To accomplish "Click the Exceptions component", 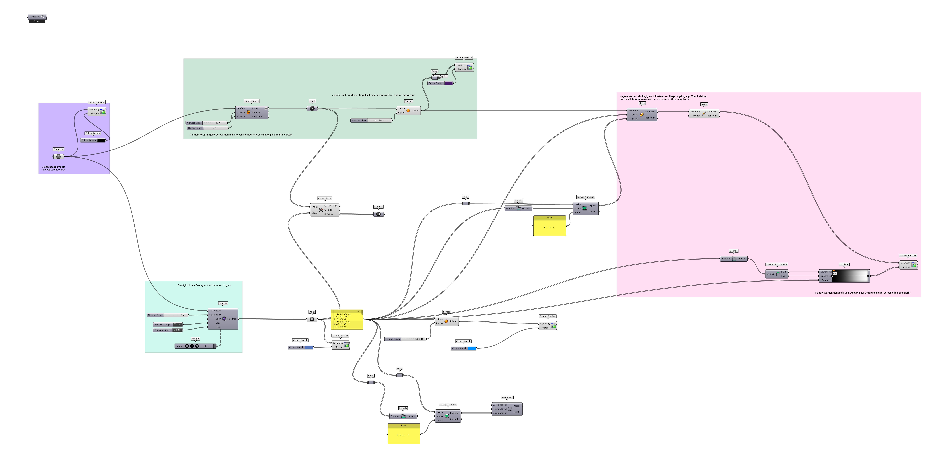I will [37, 17].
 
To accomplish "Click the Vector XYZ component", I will [507, 409].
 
